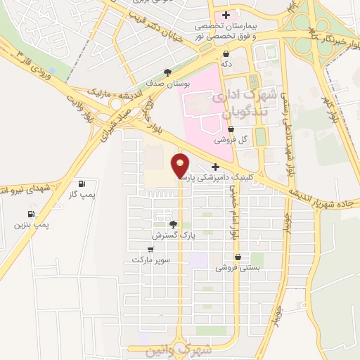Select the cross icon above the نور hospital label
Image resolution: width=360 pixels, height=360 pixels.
[226, 15]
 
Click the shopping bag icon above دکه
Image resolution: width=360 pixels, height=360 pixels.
[226, 53]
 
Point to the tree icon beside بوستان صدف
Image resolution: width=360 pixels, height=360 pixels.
[167, 72]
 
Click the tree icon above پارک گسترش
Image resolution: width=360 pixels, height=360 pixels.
[173, 224]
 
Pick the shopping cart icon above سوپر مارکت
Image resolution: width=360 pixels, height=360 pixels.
[150, 249]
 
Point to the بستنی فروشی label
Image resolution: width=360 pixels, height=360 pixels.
[238, 268]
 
